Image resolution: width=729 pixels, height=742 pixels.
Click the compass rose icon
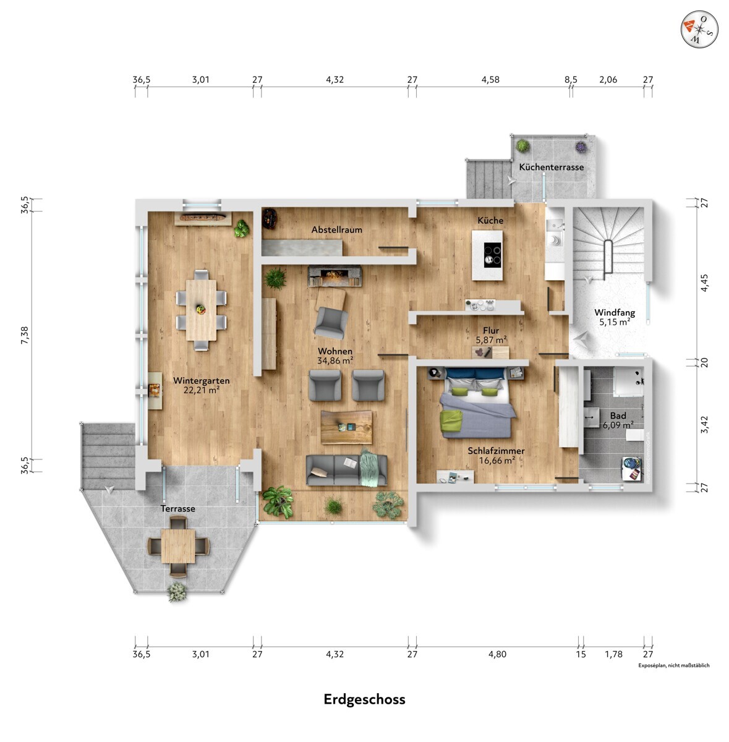click(x=699, y=29)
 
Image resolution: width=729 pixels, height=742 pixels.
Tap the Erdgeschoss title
click(x=364, y=699)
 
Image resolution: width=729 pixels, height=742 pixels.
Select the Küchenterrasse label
click(x=551, y=167)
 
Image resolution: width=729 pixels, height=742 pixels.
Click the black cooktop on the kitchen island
click(x=493, y=255)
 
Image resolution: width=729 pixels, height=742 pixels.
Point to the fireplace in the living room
click(x=335, y=276)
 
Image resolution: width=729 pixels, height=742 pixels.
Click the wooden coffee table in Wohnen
click(x=347, y=427)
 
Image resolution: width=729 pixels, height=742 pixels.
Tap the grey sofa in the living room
click(x=347, y=469)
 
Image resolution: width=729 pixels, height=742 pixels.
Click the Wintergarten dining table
click(x=201, y=310)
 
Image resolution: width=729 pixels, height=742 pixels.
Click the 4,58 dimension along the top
click(x=490, y=80)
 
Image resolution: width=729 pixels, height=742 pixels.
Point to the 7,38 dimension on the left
click(x=25, y=335)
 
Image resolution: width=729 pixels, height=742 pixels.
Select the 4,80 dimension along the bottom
click(x=497, y=654)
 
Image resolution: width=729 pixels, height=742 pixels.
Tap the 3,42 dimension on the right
click(x=704, y=424)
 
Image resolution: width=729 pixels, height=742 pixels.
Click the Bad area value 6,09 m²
click(x=618, y=425)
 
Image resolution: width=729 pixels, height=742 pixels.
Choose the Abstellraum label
click(x=336, y=230)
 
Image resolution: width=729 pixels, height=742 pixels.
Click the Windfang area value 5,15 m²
click(x=615, y=322)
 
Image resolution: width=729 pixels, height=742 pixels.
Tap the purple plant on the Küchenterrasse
click(x=581, y=147)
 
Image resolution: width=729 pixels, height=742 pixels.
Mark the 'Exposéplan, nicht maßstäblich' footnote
click(x=673, y=665)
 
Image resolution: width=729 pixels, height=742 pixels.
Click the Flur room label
click(x=491, y=330)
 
